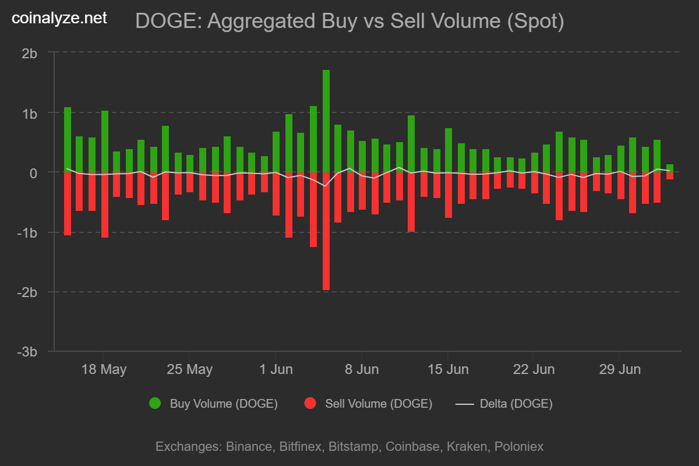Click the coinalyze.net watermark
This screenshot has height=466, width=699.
click(x=59, y=18)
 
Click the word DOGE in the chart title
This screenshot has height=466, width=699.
click(x=167, y=21)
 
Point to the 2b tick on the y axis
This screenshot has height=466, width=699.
click(x=29, y=54)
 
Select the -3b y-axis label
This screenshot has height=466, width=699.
click(x=27, y=352)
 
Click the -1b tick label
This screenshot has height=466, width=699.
click(x=27, y=233)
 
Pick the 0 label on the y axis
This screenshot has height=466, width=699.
click(x=33, y=174)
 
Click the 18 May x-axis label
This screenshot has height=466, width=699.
click(x=104, y=369)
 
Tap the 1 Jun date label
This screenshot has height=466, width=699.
click(x=276, y=369)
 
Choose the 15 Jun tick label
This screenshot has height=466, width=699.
click(x=448, y=369)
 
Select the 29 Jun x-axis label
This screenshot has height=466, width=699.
click(x=620, y=369)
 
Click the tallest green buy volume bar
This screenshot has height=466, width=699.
click(x=326, y=121)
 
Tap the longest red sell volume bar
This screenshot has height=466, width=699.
click(x=326, y=231)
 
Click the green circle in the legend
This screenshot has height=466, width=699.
click(x=155, y=403)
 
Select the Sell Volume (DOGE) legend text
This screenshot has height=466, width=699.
click(x=379, y=404)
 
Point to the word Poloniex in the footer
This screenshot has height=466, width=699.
click(x=519, y=446)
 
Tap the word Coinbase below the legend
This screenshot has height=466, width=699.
click(x=412, y=446)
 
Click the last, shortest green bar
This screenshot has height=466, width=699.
click(x=670, y=168)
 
